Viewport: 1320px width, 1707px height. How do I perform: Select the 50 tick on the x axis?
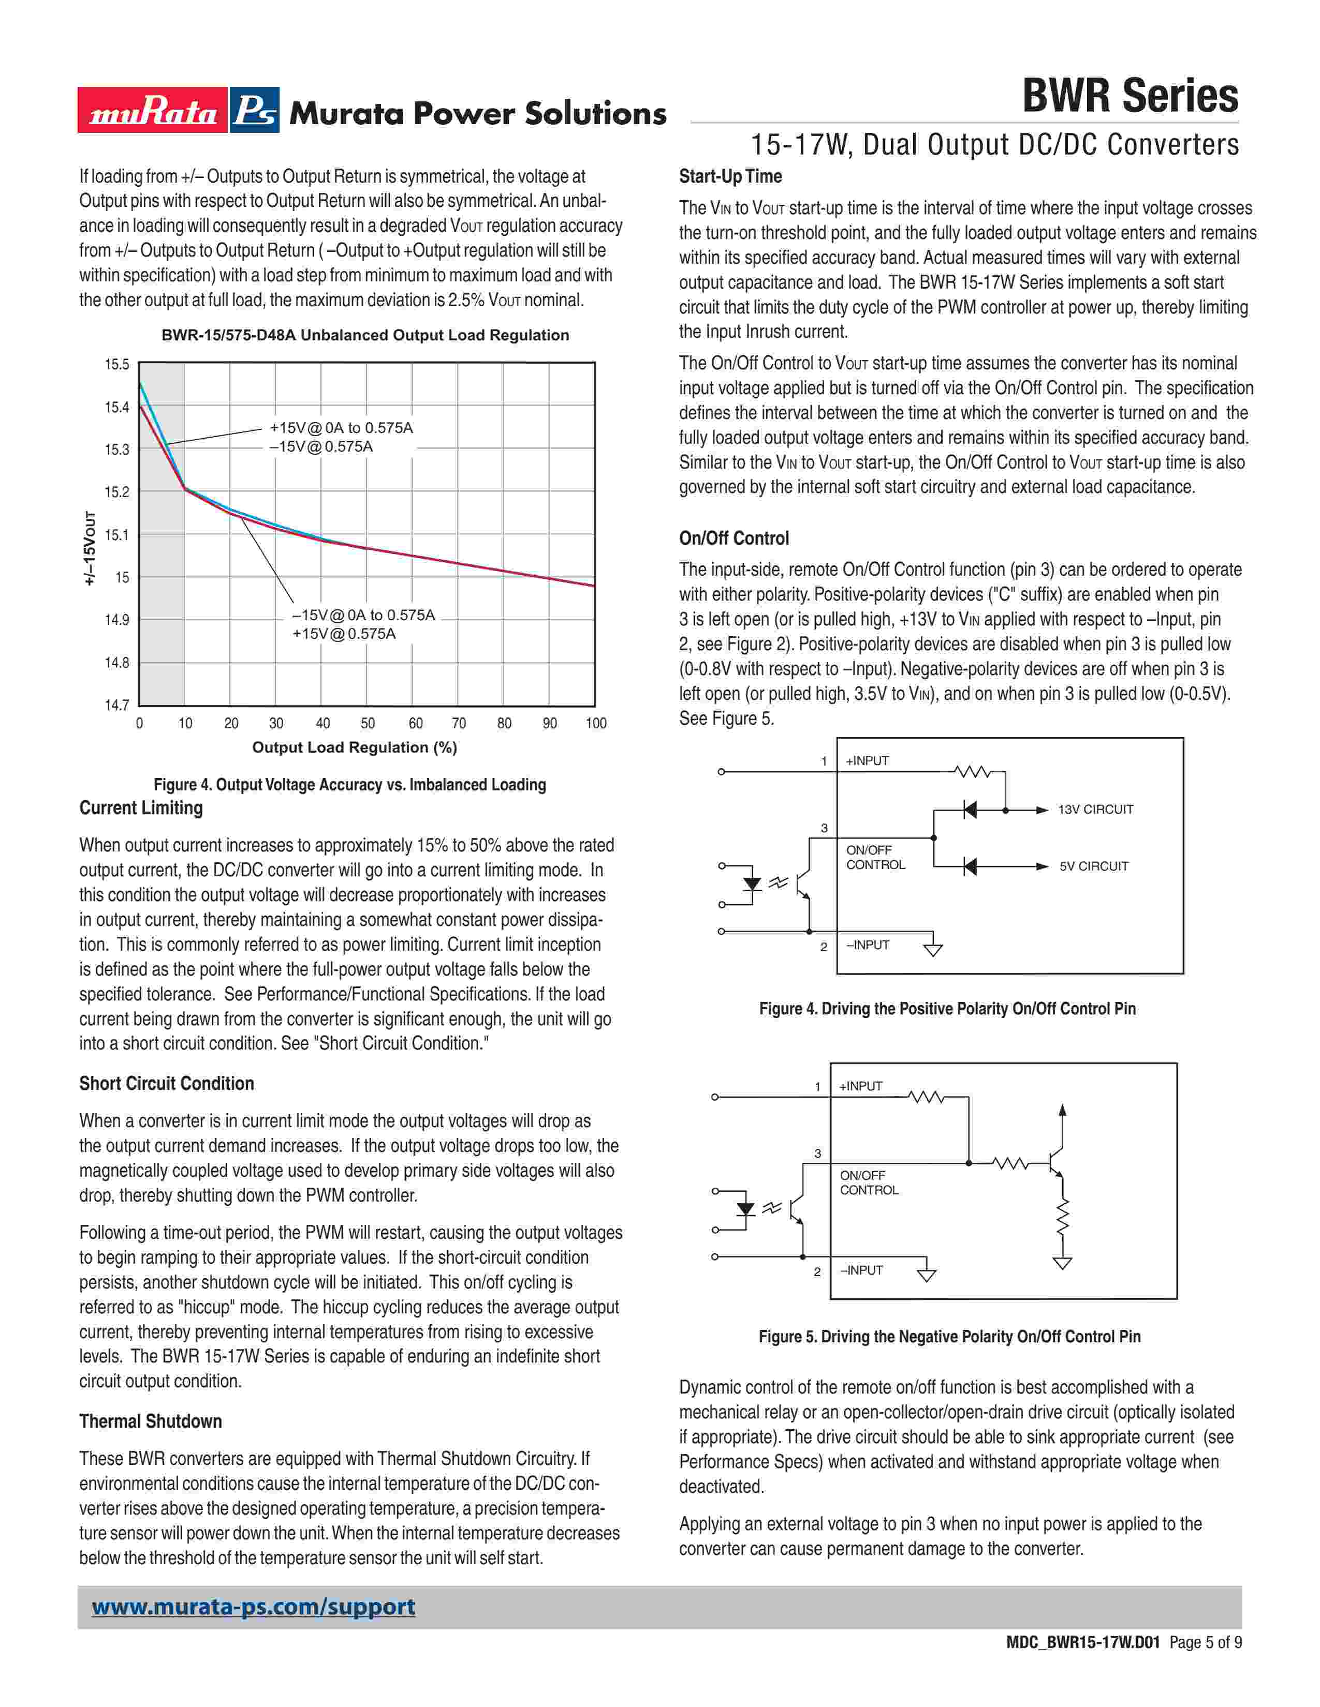coord(368,723)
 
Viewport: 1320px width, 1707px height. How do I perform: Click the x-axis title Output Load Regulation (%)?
coord(354,747)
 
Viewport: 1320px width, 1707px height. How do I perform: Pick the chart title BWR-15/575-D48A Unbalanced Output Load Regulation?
coord(365,335)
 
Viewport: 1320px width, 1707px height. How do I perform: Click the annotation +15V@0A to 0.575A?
coord(341,428)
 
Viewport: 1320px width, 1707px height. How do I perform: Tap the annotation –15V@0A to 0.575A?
coord(363,615)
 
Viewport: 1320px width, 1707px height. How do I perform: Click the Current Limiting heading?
coord(141,808)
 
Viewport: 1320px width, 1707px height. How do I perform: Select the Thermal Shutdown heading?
coord(150,1421)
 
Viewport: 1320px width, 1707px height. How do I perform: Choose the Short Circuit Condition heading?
coord(167,1083)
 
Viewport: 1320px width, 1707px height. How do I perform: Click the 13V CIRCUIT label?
coord(1095,810)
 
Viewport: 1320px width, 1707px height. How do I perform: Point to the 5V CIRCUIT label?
coord(1093,866)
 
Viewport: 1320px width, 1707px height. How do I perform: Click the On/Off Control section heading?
coord(734,538)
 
